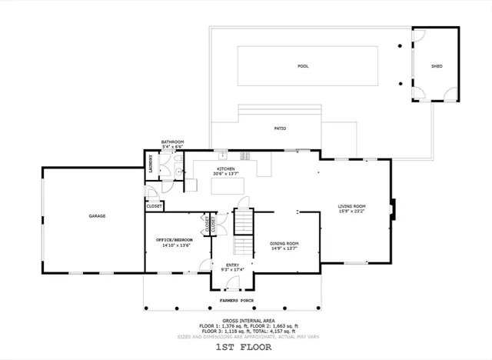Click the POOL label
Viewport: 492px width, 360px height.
pos(303,66)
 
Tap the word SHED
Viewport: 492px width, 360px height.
pos(436,66)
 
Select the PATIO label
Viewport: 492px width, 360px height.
pos(280,128)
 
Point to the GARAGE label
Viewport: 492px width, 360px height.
pos(96,216)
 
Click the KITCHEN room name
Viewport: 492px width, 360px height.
pos(225,168)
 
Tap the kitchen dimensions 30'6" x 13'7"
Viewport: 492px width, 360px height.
pos(225,174)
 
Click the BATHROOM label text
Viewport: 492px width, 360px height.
pos(172,142)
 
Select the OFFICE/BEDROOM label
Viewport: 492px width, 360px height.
pos(175,240)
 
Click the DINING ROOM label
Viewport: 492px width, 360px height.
pos(284,243)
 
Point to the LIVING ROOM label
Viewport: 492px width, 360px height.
pos(352,206)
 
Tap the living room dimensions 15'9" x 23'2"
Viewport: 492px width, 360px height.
pos(352,212)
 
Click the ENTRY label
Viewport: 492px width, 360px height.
pos(232,265)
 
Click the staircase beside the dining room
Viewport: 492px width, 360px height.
pos(243,231)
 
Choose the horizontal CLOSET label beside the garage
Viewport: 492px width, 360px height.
pos(154,206)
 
